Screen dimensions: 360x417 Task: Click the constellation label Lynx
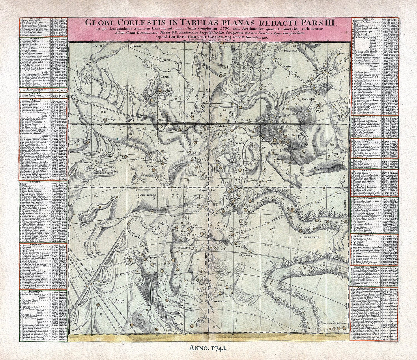point(98,46)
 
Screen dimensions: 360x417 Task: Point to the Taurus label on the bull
point(308,99)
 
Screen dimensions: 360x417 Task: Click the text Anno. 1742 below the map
point(208,348)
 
